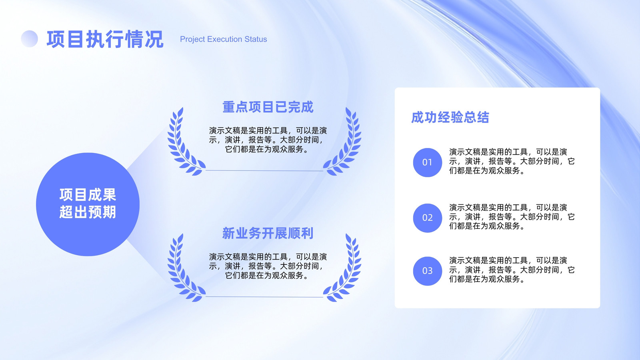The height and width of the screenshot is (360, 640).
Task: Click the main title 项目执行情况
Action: [x=105, y=39]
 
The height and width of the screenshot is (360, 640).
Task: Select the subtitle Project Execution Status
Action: [x=224, y=39]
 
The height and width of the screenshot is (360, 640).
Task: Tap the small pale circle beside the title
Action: [x=30, y=38]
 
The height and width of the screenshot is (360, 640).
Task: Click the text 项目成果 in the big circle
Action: [x=88, y=195]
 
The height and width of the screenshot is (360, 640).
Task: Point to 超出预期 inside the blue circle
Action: [x=88, y=212]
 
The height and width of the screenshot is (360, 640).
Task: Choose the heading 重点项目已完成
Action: [x=268, y=107]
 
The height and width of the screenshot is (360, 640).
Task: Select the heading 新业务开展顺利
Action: [x=268, y=233]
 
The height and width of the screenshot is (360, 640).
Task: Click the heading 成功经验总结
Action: [x=450, y=118]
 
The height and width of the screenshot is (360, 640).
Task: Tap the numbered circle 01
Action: [x=428, y=162]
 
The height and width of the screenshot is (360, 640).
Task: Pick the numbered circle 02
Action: [x=428, y=218]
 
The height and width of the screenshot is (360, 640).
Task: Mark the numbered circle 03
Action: [x=428, y=271]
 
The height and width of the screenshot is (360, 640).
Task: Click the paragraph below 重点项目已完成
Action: [x=268, y=140]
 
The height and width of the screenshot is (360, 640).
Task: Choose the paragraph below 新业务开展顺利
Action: [x=268, y=266]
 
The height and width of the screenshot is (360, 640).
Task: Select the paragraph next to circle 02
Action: [x=512, y=216]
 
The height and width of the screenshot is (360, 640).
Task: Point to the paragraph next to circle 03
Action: [x=512, y=270]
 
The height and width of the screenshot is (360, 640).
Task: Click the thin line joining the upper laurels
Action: [x=264, y=170]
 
